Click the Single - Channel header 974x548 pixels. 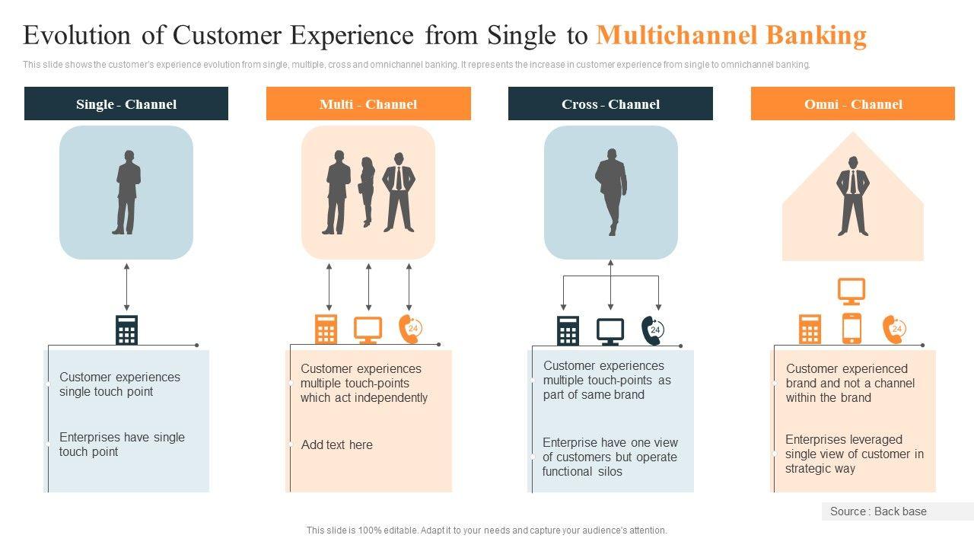(126, 104)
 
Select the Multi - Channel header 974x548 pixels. (368, 104)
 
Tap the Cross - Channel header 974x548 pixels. (610, 104)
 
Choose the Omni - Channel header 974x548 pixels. (853, 104)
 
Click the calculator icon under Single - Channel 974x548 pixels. (126, 330)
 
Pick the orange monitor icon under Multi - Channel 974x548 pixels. (368, 330)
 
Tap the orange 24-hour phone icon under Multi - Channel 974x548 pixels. (410, 329)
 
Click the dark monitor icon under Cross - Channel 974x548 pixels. (610, 331)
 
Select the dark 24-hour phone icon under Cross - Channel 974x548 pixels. (653, 330)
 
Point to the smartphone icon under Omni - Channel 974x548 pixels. (851, 329)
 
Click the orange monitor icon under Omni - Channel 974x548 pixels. (851, 291)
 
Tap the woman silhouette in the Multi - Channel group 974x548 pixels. (368, 192)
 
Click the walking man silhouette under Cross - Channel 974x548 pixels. (611, 192)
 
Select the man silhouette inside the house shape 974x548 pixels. (853, 196)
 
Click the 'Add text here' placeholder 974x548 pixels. (337, 445)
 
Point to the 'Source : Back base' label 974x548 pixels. (878, 511)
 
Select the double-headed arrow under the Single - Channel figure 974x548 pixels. (126, 287)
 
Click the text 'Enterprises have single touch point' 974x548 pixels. (122, 444)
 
